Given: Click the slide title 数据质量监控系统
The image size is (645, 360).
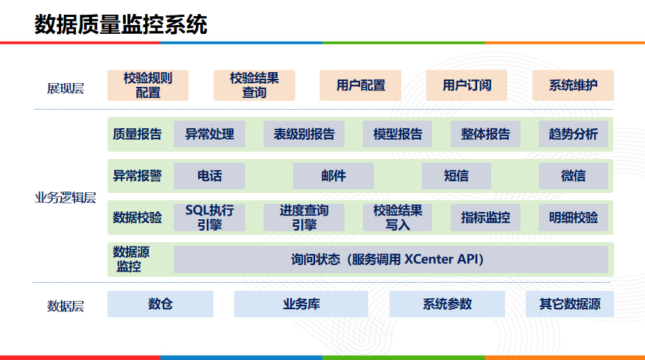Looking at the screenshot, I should [121, 24].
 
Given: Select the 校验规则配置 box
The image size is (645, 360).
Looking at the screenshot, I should [148, 85].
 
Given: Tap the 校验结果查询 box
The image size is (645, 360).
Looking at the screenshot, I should [254, 85].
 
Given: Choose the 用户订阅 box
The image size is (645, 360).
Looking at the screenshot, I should [467, 85].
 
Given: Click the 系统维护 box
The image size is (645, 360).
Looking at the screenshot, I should [573, 85].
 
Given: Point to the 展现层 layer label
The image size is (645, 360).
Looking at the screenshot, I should [66, 88].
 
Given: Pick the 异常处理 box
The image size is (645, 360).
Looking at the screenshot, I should [210, 134].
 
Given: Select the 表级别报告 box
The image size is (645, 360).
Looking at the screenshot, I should [304, 134].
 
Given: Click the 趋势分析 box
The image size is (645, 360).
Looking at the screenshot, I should [574, 134].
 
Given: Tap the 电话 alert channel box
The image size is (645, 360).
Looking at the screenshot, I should [210, 176].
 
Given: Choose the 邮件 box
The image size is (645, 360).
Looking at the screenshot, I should [334, 176].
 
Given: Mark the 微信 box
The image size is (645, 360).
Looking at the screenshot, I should [574, 176].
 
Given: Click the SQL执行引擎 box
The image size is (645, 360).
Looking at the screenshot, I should [210, 218].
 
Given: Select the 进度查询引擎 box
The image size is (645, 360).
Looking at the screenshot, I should [304, 218].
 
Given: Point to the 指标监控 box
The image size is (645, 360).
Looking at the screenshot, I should [486, 218].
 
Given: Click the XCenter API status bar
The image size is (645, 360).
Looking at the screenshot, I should [390, 259].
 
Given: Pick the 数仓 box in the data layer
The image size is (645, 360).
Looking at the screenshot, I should [161, 304].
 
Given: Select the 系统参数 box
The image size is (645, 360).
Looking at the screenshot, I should [447, 304].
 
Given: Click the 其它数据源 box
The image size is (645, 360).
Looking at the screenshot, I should [570, 304].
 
